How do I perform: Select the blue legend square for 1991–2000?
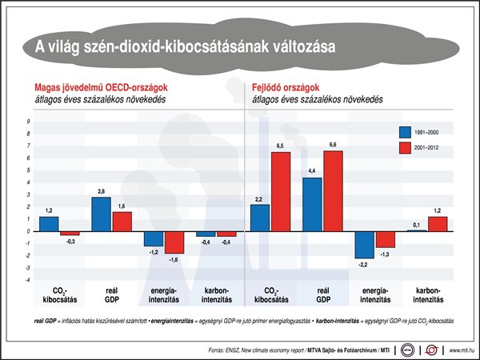point(405,132)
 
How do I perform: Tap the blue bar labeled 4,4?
point(312,204)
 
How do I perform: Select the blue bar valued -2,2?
point(365,244)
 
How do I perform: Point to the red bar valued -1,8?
point(174,242)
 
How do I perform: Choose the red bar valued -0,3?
point(70,233)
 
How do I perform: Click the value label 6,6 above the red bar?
point(333,145)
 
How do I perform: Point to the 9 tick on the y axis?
point(28,122)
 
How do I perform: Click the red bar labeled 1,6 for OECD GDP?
point(122,221)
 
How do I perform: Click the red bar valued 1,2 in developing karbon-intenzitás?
point(438,223)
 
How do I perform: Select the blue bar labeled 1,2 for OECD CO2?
point(49,223)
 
